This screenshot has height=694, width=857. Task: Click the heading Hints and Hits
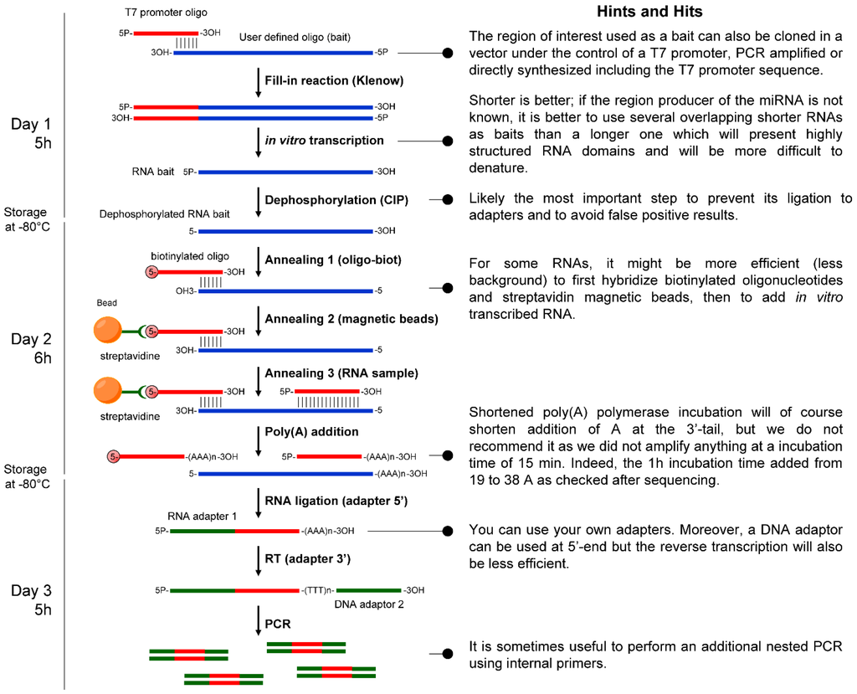click(x=660, y=12)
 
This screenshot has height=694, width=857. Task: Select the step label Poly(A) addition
click(x=311, y=432)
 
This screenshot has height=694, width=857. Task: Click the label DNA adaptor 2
click(x=366, y=604)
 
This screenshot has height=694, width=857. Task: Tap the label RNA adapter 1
click(x=198, y=516)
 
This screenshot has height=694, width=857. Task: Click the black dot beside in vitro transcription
click(x=448, y=141)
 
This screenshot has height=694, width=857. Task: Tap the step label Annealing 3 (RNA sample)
click(x=330, y=373)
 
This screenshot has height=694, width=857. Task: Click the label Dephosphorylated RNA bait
click(x=164, y=214)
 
